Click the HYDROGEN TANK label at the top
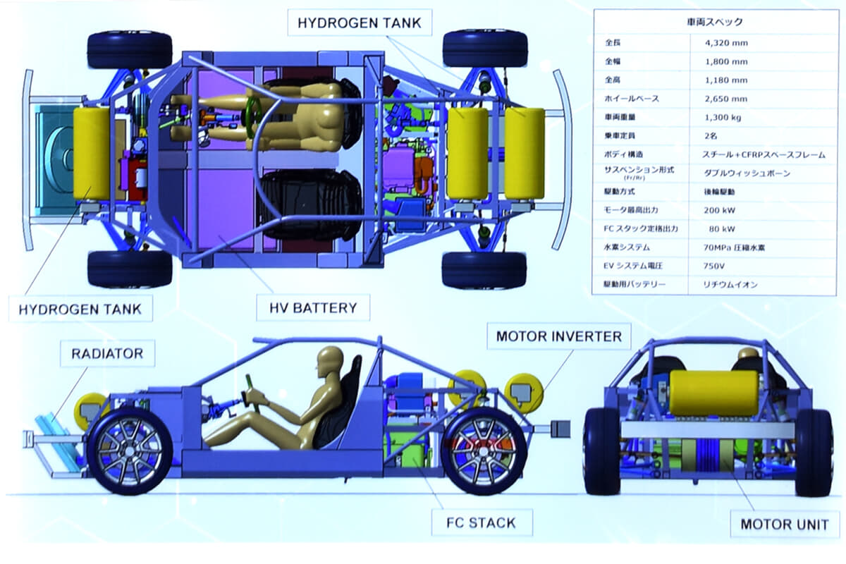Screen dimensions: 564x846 359,23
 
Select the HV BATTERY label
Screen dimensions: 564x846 313,307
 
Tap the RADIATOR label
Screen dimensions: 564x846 107,353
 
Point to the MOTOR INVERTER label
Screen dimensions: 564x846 559,336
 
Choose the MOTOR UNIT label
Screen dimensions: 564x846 784,525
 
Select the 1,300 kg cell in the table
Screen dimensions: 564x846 723,117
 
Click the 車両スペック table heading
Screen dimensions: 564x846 714,22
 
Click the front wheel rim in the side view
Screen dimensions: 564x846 129,449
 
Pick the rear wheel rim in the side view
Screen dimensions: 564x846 484,449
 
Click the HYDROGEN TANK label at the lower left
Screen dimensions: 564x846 80,309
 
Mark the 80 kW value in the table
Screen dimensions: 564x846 721,229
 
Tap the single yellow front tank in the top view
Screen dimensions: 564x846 92,153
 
